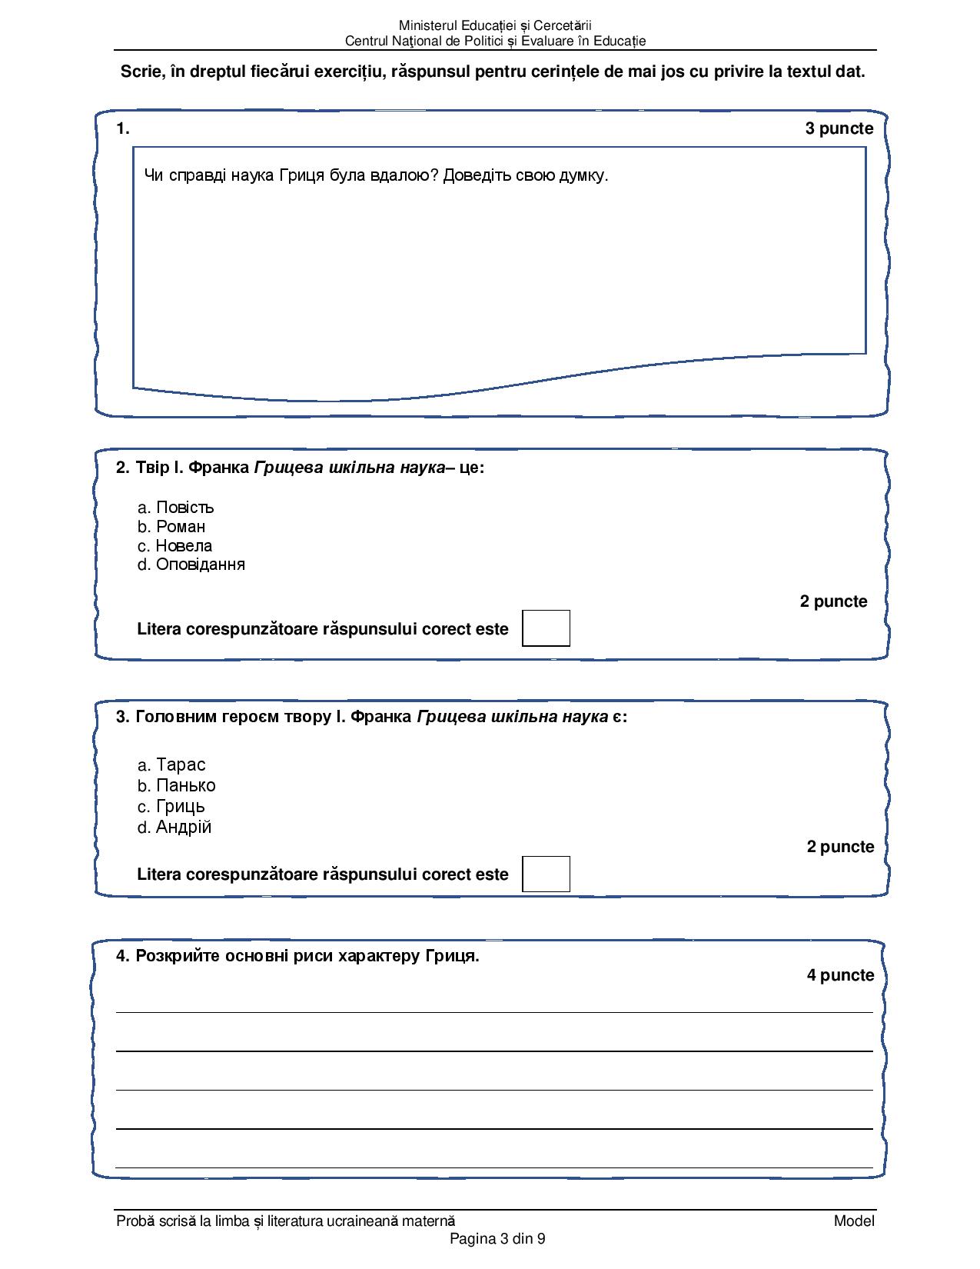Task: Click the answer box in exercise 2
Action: point(546,628)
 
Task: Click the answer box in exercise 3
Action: point(546,874)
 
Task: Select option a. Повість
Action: point(176,508)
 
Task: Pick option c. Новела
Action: point(175,546)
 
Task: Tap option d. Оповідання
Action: point(191,565)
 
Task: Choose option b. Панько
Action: point(177,785)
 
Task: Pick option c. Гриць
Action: point(171,806)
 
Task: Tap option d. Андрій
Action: point(174,827)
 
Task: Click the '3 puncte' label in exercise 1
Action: point(839,129)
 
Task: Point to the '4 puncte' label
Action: point(840,975)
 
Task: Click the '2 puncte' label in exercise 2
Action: point(833,601)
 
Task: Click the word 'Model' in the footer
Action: point(854,1221)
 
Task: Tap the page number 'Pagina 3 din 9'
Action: point(497,1238)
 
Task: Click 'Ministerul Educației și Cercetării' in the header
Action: point(495,26)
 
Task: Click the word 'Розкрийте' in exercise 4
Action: point(173,956)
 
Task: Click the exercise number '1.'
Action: point(123,129)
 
